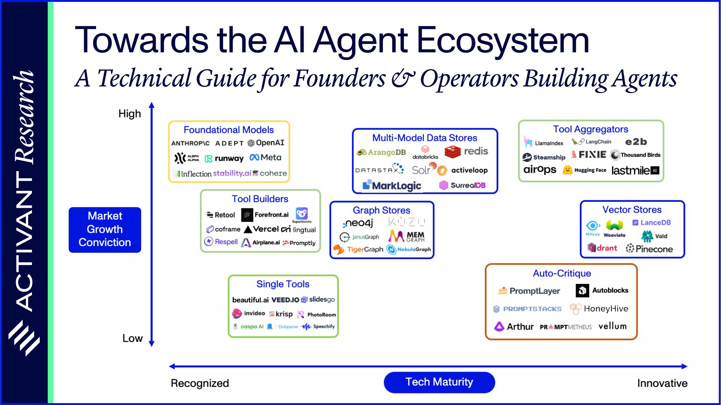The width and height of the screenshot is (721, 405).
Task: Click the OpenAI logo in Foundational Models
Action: [266, 143]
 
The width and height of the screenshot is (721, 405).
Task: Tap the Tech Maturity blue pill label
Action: [439, 382]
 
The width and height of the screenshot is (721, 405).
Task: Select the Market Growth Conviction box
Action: [105, 229]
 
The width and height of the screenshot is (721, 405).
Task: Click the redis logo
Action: [466, 151]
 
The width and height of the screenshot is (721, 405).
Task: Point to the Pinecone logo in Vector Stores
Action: [649, 249]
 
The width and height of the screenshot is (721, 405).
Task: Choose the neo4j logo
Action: [358, 223]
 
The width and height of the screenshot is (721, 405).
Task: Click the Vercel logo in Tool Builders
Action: [262, 229]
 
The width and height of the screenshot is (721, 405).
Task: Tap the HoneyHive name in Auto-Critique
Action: [605, 309]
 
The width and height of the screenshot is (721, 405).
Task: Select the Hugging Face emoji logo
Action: [567, 170]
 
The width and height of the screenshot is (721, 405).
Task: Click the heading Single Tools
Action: [283, 284]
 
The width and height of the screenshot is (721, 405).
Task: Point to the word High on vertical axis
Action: [129, 114]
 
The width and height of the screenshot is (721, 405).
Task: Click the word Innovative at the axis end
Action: [662, 383]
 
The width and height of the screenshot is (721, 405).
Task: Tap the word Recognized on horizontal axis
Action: [200, 383]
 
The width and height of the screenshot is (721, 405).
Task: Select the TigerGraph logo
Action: [358, 249]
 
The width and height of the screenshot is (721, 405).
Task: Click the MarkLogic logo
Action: [392, 186]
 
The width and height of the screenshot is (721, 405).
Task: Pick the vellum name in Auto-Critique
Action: [612, 326]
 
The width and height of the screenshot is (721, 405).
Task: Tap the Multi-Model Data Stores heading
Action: [424, 138]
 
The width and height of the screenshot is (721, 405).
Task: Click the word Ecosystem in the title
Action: [503, 40]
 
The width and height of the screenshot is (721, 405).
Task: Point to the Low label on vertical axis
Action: [132, 338]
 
